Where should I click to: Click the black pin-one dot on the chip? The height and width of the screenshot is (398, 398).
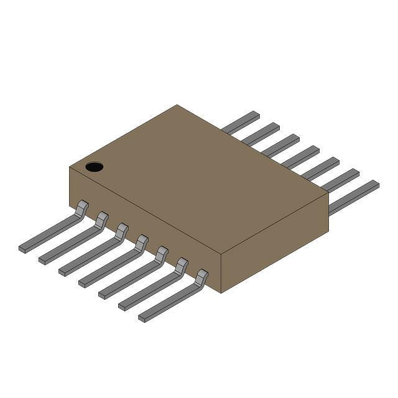(x=94, y=167)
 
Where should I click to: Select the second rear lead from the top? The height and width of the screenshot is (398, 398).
(x=261, y=133)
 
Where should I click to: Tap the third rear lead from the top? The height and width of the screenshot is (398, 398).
(x=281, y=144)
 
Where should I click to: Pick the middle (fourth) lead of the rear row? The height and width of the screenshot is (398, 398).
(x=301, y=156)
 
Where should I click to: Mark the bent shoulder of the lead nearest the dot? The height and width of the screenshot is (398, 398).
(x=81, y=208)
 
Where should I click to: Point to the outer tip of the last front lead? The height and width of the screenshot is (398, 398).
(x=142, y=319)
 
